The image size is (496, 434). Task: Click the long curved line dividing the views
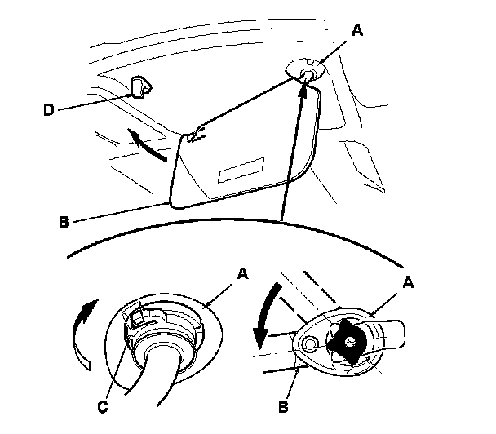(245, 228)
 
